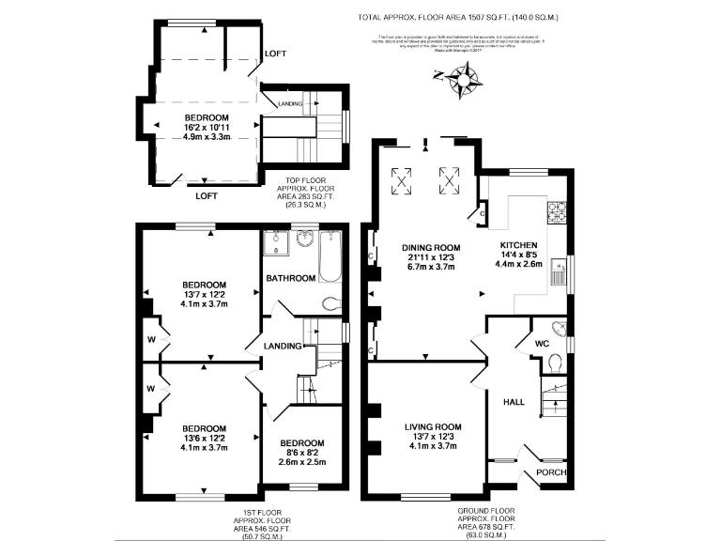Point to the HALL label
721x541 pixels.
514,401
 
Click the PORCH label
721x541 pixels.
551,472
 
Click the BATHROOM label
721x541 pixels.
291,279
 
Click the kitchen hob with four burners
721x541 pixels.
558,211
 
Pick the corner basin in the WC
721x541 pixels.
560,329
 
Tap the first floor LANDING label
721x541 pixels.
283,346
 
